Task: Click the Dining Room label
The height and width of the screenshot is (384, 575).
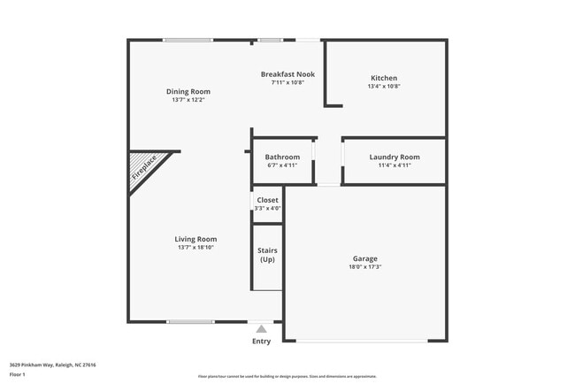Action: (x=188, y=91)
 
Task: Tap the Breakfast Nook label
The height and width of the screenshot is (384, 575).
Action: (x=287, y=74)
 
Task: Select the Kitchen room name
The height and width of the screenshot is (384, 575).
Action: (x=384, y=78)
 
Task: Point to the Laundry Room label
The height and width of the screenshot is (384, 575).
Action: (x=394, y=157)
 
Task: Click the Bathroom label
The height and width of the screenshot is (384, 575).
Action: (x=282, y=157)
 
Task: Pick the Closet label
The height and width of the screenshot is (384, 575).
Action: (x=267, y=200)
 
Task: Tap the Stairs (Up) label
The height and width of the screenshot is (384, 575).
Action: (x=267, y=255)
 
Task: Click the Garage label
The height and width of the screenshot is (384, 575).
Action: (x=365, y=258)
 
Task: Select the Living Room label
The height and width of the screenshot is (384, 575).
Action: (x=195, y=239)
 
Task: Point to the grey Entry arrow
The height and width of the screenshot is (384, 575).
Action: (x=261, y=329)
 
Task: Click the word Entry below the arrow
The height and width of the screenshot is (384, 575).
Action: (x=262, y=342)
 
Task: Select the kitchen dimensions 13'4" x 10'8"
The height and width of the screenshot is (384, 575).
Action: (x=384, y=87)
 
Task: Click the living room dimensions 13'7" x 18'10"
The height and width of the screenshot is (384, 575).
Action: (x=195, y=248)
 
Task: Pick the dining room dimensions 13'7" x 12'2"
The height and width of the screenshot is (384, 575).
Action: (x=188, y=100)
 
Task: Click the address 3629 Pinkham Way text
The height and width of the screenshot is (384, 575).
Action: (x=53, y=365)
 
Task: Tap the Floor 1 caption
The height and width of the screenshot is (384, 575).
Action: (x=18, y=374)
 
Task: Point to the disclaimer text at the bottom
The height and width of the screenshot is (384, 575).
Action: (x=287, y=376)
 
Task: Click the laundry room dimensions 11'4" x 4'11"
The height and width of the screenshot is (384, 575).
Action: (x=394, y=165)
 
